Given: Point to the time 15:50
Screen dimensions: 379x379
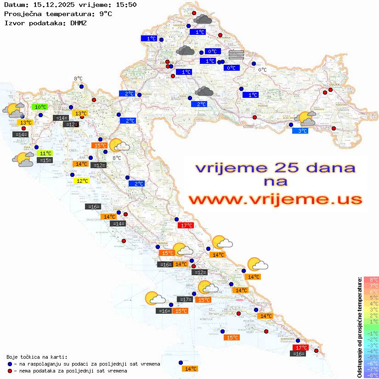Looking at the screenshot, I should pos(126,5).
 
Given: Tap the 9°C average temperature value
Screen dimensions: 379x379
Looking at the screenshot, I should pos(105,14).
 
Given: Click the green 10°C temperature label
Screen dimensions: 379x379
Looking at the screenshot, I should pos(40,107).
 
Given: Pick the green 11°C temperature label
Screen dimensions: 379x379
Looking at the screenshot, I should pos(45,153).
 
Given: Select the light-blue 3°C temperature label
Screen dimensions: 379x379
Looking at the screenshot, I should pos(300,131).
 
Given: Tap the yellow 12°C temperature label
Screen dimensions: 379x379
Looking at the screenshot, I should pos(82,181).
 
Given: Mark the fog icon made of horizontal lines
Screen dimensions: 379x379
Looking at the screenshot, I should pos(236,55).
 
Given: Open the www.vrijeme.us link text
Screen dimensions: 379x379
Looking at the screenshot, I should pos(275,199).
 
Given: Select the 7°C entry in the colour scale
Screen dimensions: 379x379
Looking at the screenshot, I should pos(371,286).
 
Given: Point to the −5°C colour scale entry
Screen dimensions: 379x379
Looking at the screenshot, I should pos(371,357).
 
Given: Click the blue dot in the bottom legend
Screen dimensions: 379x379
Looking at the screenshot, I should pos(10,364).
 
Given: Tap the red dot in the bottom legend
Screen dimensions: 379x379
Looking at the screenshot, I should pos(10,371).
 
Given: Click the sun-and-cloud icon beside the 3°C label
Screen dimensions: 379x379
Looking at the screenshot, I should pos(305,119).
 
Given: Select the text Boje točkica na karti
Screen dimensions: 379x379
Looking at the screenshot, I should pos(37,357).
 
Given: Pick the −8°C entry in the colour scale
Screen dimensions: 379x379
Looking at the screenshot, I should pos(371,375).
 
